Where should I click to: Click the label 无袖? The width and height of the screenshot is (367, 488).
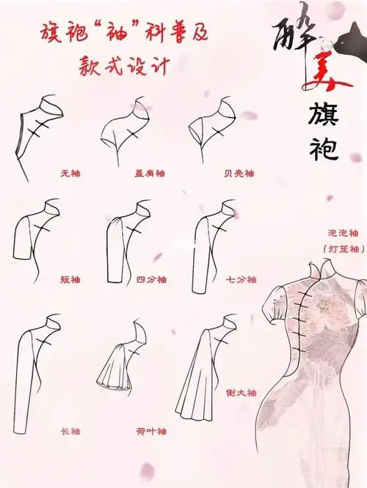70,174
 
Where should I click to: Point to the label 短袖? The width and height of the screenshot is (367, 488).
70,280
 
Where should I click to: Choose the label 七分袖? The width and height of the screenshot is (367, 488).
241,280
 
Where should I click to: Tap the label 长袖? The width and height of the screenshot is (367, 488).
70,432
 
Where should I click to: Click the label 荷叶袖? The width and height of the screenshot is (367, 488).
151,432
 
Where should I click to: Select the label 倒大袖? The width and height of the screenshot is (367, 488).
241,393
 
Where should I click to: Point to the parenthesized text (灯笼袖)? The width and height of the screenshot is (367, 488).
323,249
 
